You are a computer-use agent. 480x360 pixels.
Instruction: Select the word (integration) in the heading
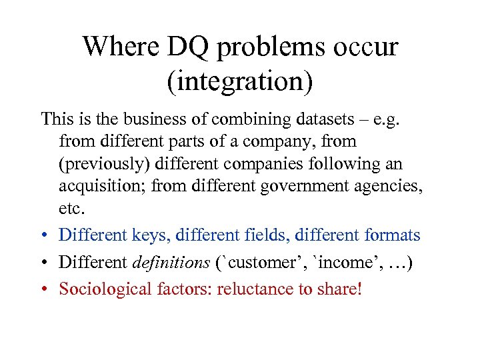click(x=240, y=81)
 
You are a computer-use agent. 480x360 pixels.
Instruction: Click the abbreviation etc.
click(x=72, y=209)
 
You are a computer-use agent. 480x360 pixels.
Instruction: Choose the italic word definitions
click(x=171, y=263)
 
